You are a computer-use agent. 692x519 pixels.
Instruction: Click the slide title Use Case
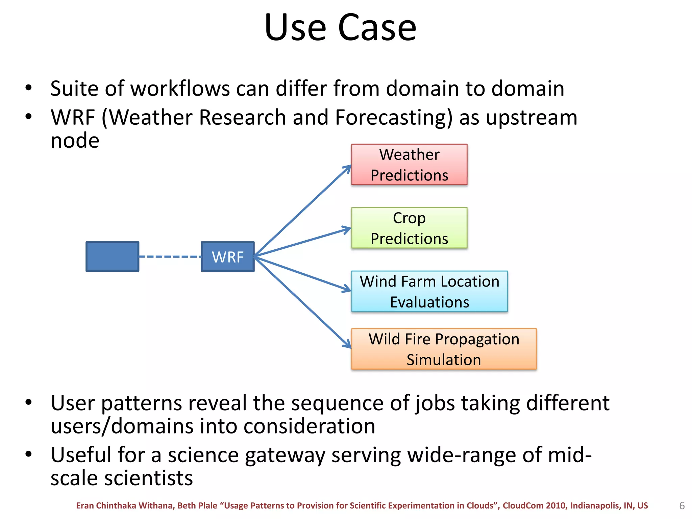coord(340,28)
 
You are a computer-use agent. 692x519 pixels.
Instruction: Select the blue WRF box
coord(227,257)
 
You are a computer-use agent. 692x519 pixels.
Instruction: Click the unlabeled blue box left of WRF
coord(112,257)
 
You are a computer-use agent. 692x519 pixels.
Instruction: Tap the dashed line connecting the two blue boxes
coord(170,257)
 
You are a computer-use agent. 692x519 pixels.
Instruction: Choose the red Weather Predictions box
coord(409,165)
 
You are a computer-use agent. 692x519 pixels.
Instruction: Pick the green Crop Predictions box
coord(409,228)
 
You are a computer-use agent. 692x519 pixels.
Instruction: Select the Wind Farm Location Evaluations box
coord(429,291)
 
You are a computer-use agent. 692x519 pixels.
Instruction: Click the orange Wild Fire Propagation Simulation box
coord(444,349)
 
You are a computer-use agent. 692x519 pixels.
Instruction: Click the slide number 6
coord(682,506)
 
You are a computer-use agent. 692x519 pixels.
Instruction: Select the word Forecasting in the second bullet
coord(393,118)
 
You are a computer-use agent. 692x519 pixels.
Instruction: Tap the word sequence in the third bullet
coord(338,403)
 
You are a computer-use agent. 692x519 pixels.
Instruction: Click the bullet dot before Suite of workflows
coord(29,88)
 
